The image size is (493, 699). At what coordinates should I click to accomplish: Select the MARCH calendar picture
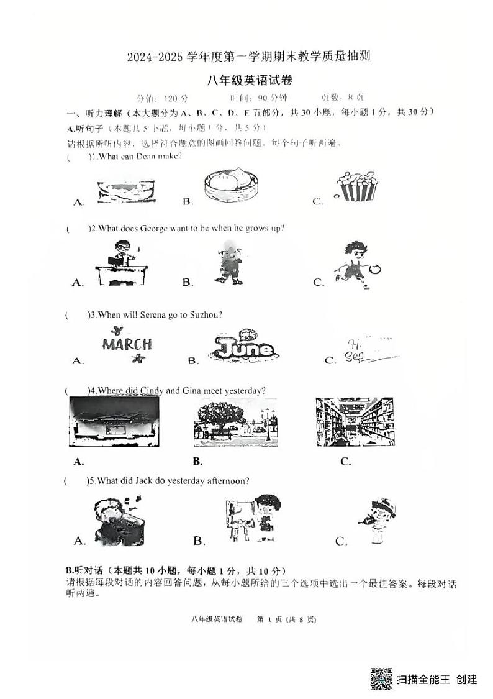pos(127,344)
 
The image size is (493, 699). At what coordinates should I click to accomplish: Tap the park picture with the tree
pos(235,423)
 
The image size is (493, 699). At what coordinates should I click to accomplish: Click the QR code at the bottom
pos(381,678)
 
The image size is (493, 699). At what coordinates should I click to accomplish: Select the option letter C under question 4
pos(346,462)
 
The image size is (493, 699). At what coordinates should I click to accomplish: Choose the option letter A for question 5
pos(79,541)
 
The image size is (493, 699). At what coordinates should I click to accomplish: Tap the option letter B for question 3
pos(193,360)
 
